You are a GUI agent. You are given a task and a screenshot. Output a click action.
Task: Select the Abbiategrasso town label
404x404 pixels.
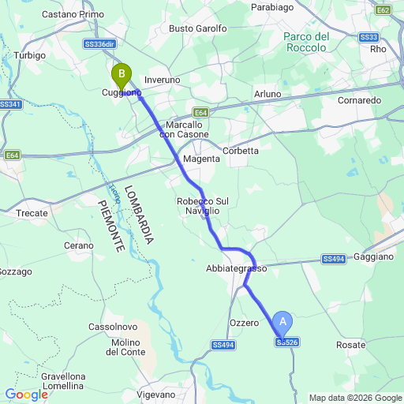pos(237,268)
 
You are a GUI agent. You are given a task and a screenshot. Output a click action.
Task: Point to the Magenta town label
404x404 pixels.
pos(200,159)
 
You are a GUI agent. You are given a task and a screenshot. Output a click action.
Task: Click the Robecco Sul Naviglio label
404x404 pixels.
pos(203,206)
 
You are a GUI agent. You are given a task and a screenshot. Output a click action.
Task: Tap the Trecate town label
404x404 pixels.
pos(32,213)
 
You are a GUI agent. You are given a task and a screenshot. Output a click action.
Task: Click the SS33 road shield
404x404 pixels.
pos(368,37)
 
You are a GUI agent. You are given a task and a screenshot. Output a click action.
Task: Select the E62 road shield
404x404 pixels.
pos(383,9)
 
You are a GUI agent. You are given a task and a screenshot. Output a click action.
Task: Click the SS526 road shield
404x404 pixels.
pos(287,342)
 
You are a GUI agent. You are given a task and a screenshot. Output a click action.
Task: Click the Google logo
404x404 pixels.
pos(25,395)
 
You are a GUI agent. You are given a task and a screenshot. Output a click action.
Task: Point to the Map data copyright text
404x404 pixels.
pos(354,398)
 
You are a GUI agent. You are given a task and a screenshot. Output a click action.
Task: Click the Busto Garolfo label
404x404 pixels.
pos(198,28)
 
